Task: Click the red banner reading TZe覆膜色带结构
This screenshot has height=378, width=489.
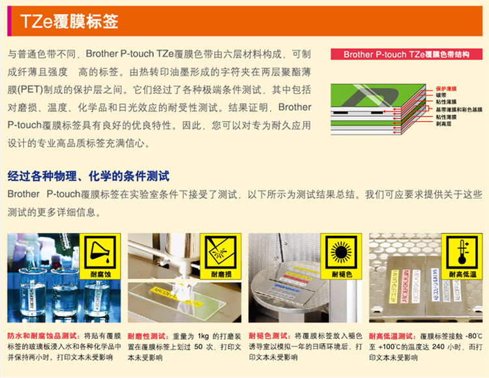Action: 406,55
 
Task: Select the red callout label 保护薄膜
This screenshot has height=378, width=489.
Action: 447,87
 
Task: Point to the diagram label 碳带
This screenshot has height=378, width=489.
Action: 441,94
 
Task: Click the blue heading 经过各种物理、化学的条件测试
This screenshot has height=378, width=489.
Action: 89,176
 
